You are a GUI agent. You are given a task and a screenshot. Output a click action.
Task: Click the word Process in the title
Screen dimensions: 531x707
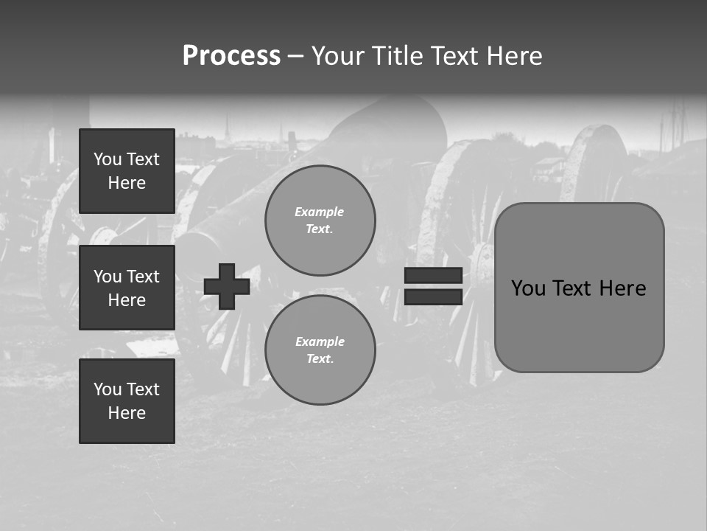point(231,56)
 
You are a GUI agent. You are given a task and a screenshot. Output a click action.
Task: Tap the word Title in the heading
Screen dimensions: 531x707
point(395,56)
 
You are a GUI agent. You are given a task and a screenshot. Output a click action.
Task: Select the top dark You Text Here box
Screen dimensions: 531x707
point(127,171)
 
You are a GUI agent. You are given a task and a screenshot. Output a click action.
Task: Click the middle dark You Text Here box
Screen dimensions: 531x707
point(127,288)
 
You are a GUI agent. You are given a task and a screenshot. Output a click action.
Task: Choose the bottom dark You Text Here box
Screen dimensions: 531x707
point(127,401)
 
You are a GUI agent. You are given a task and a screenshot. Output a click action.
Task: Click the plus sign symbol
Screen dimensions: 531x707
point(227,287)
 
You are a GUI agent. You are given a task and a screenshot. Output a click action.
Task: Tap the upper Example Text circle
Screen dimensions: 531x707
point(320,221)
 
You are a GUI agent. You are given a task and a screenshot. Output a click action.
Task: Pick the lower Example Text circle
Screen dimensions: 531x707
point(320,350)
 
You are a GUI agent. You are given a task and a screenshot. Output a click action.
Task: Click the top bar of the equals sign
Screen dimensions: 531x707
point(433,275)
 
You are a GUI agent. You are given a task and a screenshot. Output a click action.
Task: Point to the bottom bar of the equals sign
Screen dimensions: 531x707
point(433,296)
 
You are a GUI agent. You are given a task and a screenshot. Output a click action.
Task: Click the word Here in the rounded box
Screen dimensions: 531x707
point(622,288)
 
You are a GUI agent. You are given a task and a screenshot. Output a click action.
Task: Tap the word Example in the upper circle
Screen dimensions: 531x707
point(320,212)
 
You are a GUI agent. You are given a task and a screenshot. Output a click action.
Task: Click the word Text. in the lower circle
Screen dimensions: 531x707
point(320,359)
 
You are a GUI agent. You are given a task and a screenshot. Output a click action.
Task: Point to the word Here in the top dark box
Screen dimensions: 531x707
point(127,183)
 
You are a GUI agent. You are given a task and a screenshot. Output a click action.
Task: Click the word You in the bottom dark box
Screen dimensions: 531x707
point(108,389)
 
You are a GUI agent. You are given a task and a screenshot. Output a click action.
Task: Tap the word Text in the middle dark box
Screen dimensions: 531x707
point(143,277)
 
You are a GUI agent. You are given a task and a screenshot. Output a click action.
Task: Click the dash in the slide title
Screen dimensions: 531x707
point(295,56)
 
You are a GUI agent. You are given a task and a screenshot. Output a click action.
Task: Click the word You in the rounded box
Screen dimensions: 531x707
point(527,288)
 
